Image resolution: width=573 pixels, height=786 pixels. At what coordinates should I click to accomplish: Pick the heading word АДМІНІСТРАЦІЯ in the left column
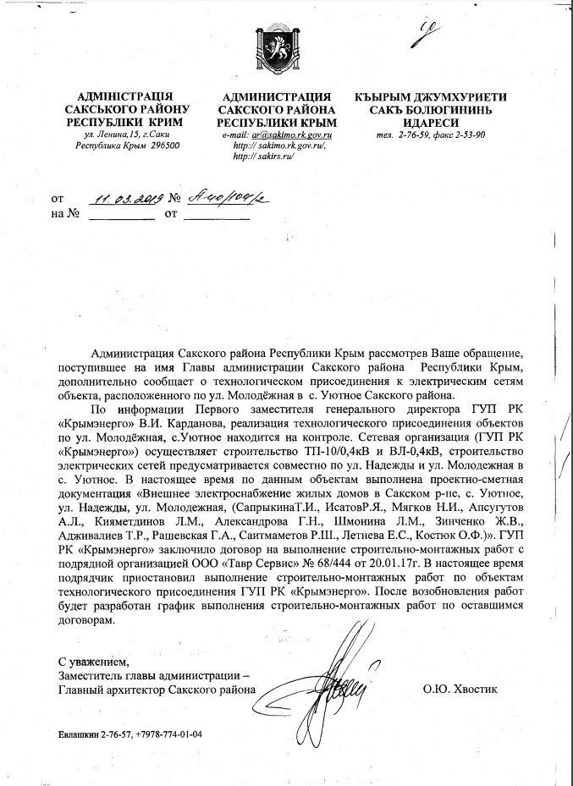point(126,97)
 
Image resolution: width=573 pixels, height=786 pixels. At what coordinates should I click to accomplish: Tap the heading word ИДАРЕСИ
point(431,124)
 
